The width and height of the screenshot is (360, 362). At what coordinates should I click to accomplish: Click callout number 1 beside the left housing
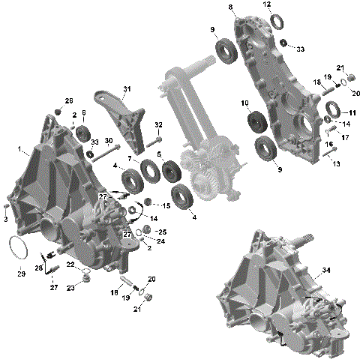19,149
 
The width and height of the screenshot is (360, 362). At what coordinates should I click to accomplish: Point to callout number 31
126,89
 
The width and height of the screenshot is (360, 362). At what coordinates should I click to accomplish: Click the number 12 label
267,4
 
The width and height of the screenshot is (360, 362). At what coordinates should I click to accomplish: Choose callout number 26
69,101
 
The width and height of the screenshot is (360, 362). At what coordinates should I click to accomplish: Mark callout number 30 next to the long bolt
109,141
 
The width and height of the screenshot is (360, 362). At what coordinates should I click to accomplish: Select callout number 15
166,205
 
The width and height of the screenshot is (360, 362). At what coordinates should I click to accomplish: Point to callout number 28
38,268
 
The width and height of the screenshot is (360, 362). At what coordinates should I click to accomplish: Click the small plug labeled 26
58,112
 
